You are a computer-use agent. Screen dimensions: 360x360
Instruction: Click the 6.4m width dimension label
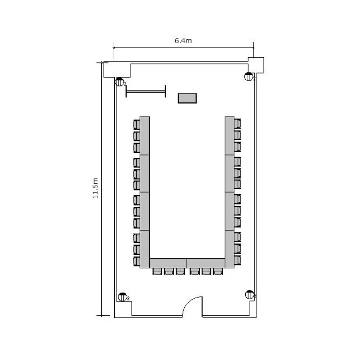point(183,41)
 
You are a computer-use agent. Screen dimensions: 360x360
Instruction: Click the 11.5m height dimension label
point(96,188)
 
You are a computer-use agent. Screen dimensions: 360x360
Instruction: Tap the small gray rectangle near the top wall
point(187,98)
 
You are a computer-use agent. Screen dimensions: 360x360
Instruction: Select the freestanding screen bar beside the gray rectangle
point(146,91)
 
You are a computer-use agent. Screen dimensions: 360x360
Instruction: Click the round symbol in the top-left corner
point(120,82)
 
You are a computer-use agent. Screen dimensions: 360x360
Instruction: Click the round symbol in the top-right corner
point(249,76)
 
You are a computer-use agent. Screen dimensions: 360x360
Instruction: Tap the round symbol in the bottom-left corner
point(122,297)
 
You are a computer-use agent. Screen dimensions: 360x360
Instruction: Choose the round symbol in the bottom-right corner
point(250,295)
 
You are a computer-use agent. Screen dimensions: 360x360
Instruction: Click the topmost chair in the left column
point(137,124)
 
